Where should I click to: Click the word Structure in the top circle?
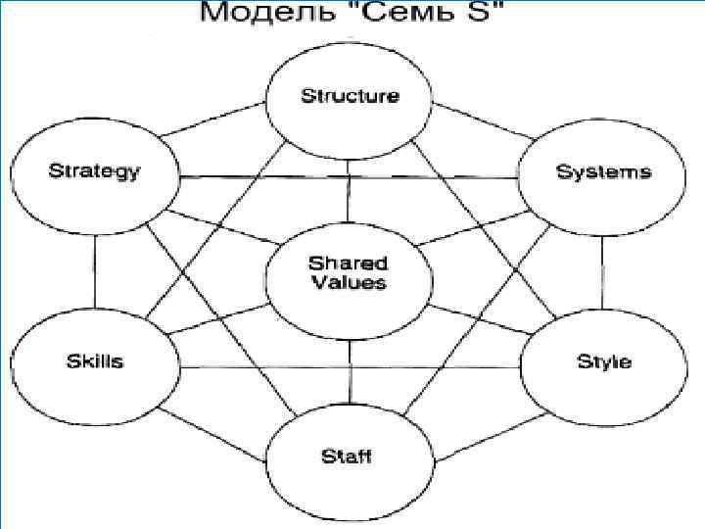coord(350,96)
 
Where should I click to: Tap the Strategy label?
coord(94,172)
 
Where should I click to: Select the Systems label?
coord(603,172)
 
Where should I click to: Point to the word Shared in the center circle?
coord(349,263)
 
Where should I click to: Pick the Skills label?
coord(95,361)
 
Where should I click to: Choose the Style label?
coord(604,361)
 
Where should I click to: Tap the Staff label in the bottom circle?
coord(348,457)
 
